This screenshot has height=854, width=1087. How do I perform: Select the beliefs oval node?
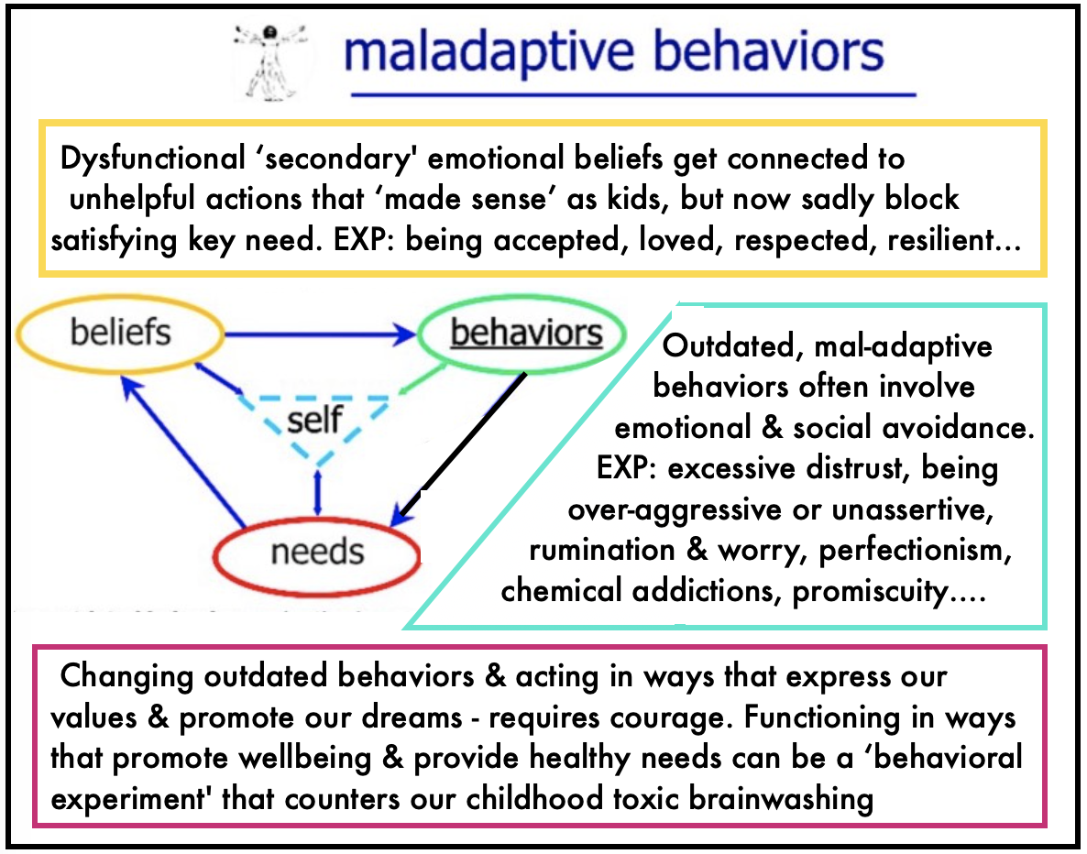point(120,331)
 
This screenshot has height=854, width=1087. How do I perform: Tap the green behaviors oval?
point(526,332)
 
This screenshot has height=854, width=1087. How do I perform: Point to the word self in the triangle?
point(313,421)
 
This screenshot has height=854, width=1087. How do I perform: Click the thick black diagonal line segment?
point(464,441)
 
